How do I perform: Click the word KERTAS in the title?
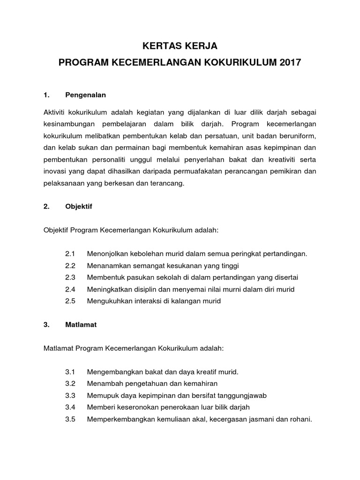coord(159,46)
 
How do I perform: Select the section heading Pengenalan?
coord(86,95)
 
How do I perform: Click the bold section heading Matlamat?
coord(81,324)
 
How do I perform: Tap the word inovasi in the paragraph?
coord(55,172)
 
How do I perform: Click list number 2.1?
coord(70,254)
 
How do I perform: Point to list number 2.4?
coord(70,289)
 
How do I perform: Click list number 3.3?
coord(70,395)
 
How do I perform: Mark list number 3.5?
coord(70,419)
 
